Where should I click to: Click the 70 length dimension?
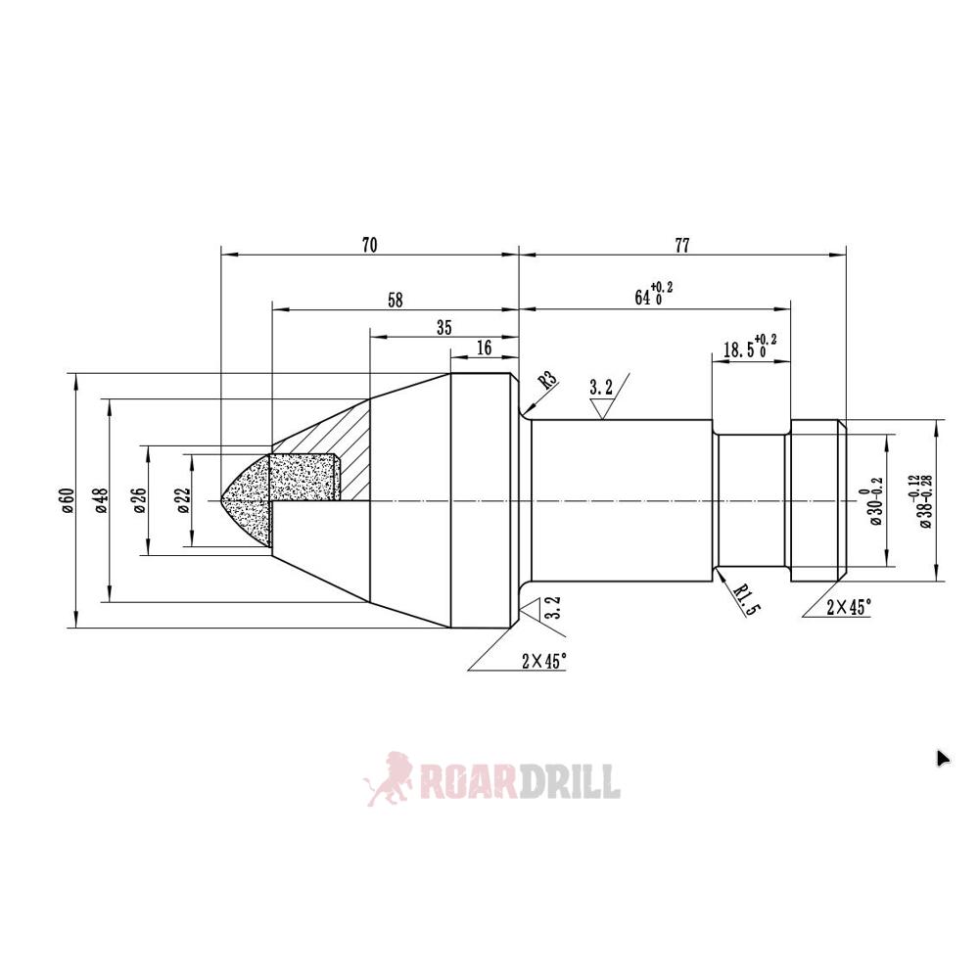pos(369,245)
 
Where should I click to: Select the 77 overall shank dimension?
pos(681,245)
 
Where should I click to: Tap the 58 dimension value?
pos(395,300)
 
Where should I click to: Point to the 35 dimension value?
pos(443,328)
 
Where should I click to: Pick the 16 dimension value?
pos(484,349)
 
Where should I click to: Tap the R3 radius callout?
pos(546,382)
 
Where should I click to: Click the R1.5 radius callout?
pos(746,594)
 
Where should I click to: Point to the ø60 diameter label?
pos(67,499)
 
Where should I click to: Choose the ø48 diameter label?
pos(100,499)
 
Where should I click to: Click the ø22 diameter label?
pos(182,499)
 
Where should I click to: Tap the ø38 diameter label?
pos(919,500)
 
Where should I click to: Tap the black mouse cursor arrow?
pos(942,758)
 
